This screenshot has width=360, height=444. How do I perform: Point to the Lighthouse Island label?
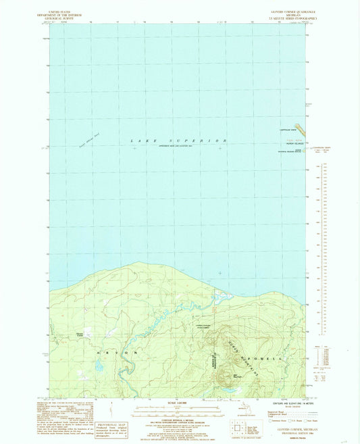click(x=288, y=129)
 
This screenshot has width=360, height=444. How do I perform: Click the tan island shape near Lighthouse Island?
click(x=301, y=128)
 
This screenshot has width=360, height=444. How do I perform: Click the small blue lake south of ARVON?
click(x=100, y=364)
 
